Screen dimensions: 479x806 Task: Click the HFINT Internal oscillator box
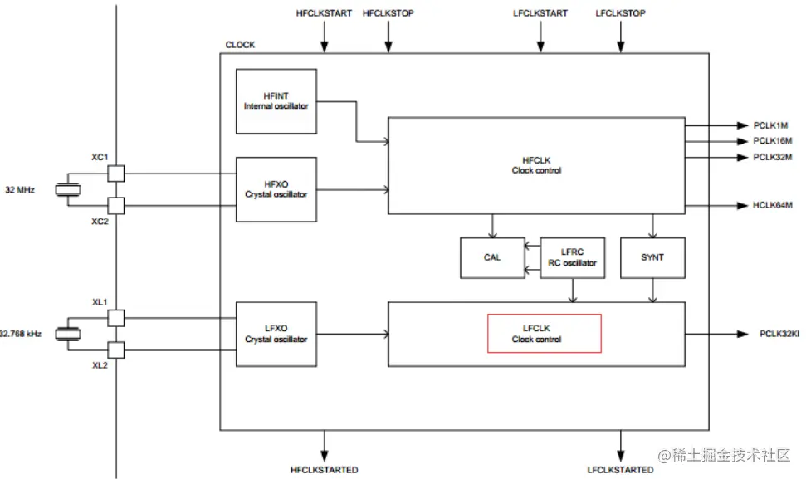[x=276, y=101]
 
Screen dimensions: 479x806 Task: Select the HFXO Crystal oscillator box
[x=276, y=189]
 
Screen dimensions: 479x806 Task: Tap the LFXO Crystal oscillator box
[x=276, y=334]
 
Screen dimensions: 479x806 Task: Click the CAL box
[x=492, y=257]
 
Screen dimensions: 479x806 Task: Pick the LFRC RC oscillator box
[x=573, y=257]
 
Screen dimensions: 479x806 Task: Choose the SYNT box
[x=652, y=257]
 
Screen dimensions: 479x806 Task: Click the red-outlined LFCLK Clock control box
[x=544, y=334]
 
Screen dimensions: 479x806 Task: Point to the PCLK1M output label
[x=771, y=125]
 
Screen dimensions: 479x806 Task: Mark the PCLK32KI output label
[x=779, y=334]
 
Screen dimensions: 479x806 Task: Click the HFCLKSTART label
[x=324, y=13]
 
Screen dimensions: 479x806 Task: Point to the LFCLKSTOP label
[x=620, y=13]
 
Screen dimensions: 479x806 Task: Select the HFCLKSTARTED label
[x=324, y=470]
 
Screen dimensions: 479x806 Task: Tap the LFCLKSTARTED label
[x=620, y=470]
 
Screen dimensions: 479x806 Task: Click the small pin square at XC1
[x=116, y=174]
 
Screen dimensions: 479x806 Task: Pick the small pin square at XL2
[x=116, y=349]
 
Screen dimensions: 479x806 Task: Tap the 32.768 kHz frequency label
[x=20, y=334]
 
